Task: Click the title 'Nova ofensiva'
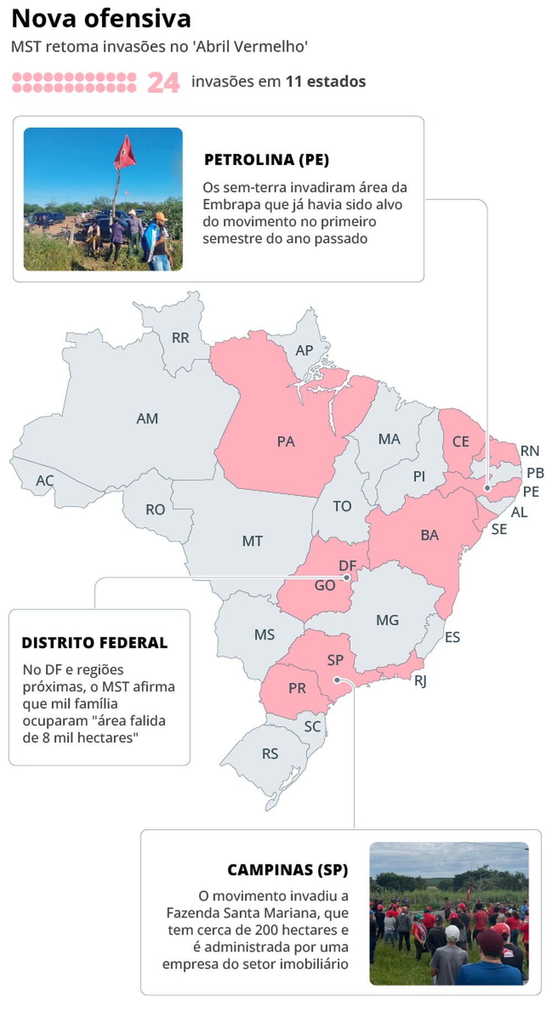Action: [101, 19]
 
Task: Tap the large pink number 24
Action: [163, 83]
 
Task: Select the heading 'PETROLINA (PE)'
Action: [267, 160]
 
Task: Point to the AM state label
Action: [147, 418]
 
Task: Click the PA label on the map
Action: [286, 442]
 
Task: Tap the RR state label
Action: [181, 338]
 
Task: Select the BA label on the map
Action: [429, 535]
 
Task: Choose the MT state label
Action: [252, 541]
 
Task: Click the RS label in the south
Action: [270, 754]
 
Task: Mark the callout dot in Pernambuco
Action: [487, 488]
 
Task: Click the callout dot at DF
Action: [347, 577]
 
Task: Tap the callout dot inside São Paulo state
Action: [337, 680]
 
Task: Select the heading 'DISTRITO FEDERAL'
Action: [94, 643]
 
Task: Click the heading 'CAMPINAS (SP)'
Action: [288, 870]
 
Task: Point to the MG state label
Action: [387, 620]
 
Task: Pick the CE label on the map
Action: [461, 442]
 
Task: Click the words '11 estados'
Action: [326, 82]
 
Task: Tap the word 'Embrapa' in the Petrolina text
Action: [231, 204]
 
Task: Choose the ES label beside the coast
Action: [452, 637]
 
